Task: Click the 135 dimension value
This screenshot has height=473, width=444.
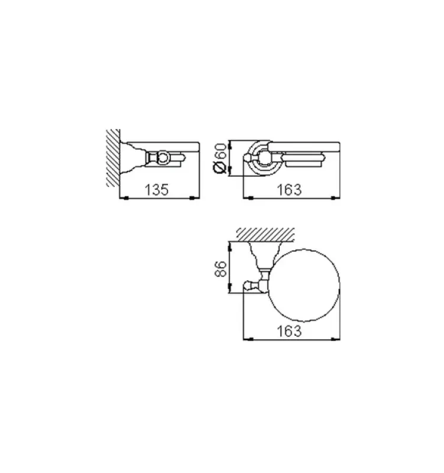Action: click(x=158, y=190)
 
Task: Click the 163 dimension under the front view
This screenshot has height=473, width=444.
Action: click(x=290, y=190)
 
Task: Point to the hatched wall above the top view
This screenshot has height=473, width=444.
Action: click(x=266, y=233)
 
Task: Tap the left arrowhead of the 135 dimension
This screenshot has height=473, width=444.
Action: click(x=123, y=199)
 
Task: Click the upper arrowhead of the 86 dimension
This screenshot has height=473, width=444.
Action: click(x=228, y=243)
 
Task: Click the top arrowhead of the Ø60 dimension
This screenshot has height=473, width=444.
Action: click(x=228, y=142)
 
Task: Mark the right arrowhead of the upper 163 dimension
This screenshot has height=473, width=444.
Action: click(x=339, y=199)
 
